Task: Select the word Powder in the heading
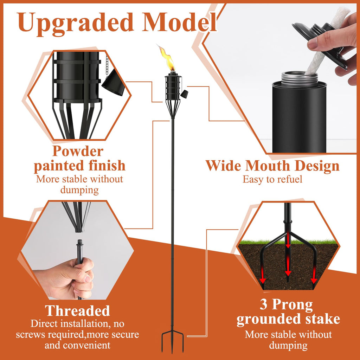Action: (78, 152)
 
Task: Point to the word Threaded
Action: (77, 311)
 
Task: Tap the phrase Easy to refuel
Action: (272, 179)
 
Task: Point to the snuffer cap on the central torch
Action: (184, 94)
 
